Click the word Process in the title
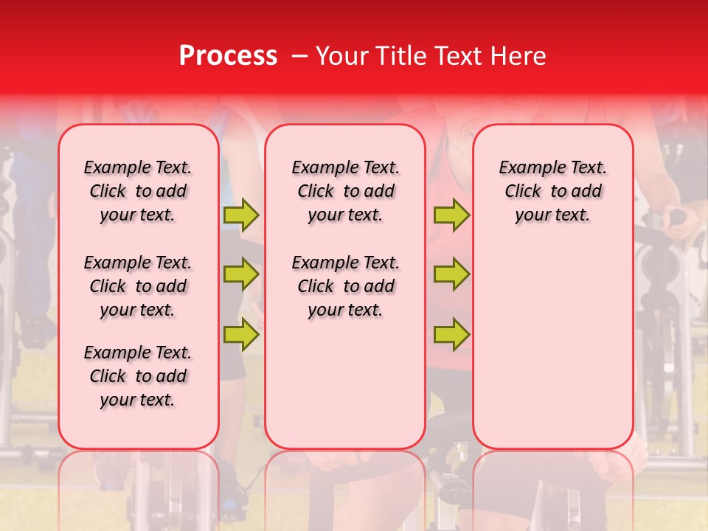(x=228, y=56)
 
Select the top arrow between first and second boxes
(x=241, y=215)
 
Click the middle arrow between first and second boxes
(x=241, y=274)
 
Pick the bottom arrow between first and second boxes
(x=241, y=334)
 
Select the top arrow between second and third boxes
(x=451, y=215)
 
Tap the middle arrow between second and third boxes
(x=451, y=274)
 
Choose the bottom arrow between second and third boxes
(x=451, y=334)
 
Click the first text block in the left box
(x=138, y=191)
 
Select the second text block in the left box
(x=138, y=286)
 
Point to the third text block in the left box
(x=138, y=376)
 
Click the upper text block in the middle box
(x=345, y=191)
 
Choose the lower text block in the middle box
(x=345, y=286)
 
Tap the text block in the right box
(x=552, y=191)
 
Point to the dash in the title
(x=299, y=56)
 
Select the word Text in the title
(x=459, y=56)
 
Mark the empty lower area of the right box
(x=552, y=347)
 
